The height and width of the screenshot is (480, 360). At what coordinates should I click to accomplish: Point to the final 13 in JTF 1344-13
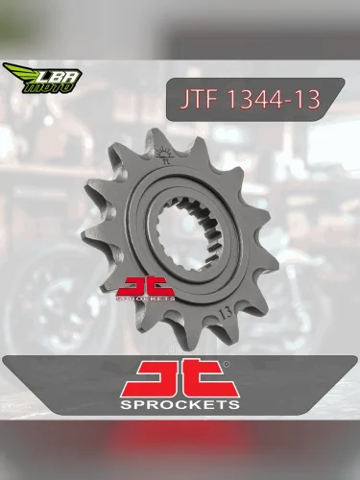click(x=307, y=99)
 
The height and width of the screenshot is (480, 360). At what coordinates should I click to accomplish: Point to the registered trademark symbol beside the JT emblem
click(x=227, y=366)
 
